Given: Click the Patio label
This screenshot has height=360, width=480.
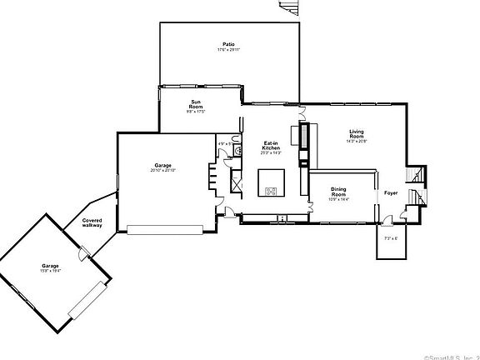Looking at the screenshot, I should pyautogui.click(x=227, y=43).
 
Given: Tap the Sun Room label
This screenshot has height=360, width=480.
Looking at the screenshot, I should pyautogui.click(x=196, y=105).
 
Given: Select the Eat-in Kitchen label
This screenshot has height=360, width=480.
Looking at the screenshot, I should pyautogui.click(x=271, y=145).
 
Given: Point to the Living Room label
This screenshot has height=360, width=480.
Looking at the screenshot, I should pyautogui.click(x=357, y=134).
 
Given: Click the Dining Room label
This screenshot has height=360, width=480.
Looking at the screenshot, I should pyautogui.click(x=339, y=192).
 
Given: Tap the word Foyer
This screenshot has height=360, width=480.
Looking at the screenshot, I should pyautogui.click(x=390, y=192).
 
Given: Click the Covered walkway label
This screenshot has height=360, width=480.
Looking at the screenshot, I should pyautogui.click(x=92, y=222).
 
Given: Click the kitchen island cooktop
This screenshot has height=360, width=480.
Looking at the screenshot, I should pyautogui.click(x=272, y=191).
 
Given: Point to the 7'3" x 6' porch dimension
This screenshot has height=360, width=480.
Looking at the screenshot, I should pyautogui.click(x=391, y=238).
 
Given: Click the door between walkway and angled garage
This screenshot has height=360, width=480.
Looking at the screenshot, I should pyautogui.click(x=82, y=254).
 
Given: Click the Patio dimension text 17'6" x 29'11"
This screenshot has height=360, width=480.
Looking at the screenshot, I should pyautogui.click(x=227, y=49).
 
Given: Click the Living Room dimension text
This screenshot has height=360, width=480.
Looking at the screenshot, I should pyautogui.click(x=357, y=142).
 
